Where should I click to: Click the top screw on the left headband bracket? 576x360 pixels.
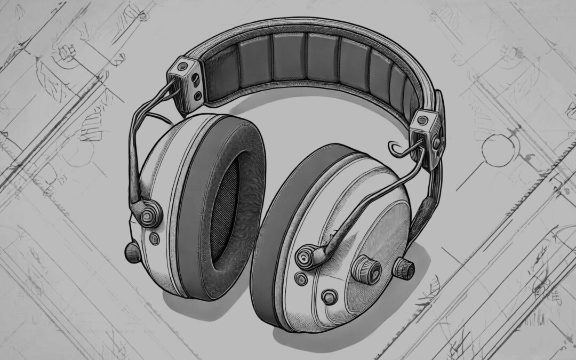click(183, 66)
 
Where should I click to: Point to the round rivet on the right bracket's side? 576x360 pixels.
click(437, 143)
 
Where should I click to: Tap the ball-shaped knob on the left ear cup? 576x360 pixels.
click(132, 251)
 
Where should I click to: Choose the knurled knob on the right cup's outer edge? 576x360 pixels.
click(404, 268)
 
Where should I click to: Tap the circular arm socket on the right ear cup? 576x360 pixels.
click(308, 257)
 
